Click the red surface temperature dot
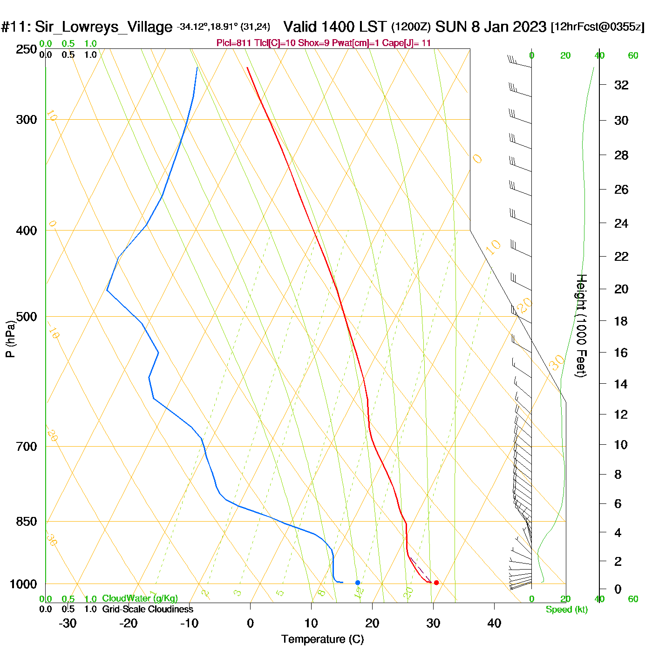[436, 583]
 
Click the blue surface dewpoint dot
[358, 583]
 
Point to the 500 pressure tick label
[27, 317]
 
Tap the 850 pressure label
[27, 522]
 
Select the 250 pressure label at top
[27, 49]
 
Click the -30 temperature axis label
[68, 623]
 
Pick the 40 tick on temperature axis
[494, 623]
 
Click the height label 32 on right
[621, 85]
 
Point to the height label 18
[621, 321]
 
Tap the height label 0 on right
[618, 589]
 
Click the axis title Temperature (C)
[322, 639]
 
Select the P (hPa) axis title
[10, 339]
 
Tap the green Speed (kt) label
[567, 610]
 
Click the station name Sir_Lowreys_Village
[103, 27]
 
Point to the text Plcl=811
[234, 43]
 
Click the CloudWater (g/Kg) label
[140, 598]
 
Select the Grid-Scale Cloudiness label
[148, 609]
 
